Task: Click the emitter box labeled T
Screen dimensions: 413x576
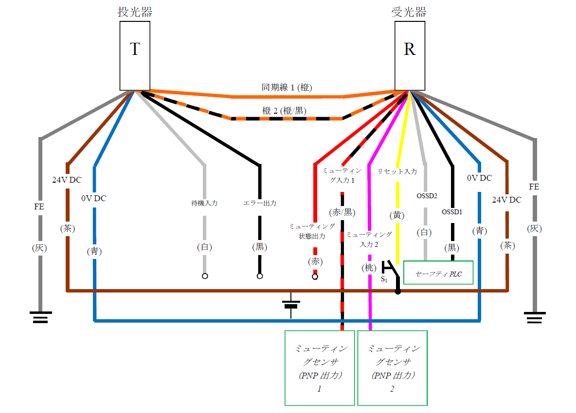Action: [x=135, y=55]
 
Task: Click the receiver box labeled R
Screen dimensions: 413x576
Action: [x=410, y=55]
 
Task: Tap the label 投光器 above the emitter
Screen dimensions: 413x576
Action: [x=135, y=12]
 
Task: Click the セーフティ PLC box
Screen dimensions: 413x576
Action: [x=438, y=274]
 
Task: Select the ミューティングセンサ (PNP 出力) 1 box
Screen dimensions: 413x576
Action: [x=319, y=368]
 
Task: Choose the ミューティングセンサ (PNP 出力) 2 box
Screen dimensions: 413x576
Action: [x=392, y=368]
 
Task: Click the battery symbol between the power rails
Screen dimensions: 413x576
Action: [x=291, y=305]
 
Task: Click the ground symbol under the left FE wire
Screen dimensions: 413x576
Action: [x=40, y=317]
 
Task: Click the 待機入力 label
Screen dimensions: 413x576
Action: [x=204, y=203]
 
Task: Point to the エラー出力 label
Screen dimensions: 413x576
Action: [x=260, y=203]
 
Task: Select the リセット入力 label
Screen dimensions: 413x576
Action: [x=397, y=172]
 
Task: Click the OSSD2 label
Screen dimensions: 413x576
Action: [x=427, y=196]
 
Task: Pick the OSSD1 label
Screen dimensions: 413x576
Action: [x=452, y=212]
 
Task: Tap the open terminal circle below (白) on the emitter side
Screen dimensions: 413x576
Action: [x=205, y=276]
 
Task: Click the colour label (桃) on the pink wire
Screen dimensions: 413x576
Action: [x=368, y=267]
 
